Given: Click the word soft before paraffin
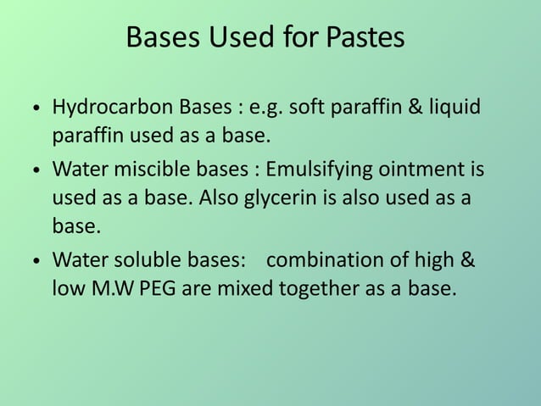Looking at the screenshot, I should pos(310,110).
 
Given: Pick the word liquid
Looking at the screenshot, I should pos(452,110).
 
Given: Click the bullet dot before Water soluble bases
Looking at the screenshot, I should pos(35,259).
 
